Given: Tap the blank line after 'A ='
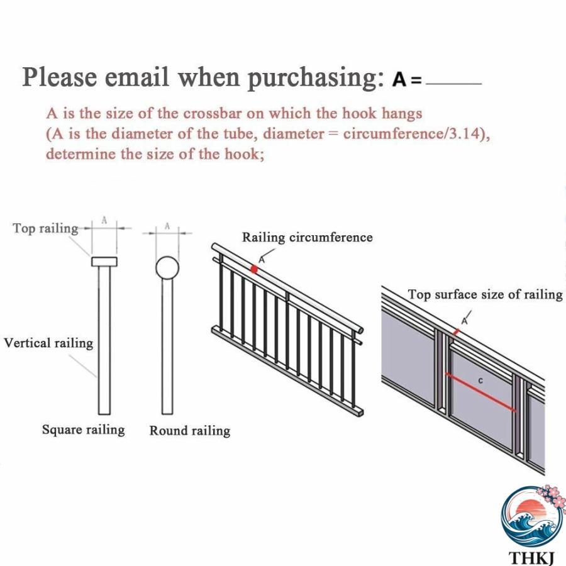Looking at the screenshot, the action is tap(453, 84).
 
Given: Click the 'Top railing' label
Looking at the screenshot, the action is tap(45, 228).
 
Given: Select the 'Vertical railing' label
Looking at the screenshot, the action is tap(48, 343).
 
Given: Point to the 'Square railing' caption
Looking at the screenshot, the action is tap(84, 430).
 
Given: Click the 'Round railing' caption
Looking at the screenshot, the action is tap(190, 431).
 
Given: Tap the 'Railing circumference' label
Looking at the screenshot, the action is tap(307, 237).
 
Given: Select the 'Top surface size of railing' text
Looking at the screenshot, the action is tap(485, 294).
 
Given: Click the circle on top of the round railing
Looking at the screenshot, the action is tap(167, 268).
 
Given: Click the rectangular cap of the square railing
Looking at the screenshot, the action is tap(104, 262).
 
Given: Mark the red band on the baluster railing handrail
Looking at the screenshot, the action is tap(254, 269).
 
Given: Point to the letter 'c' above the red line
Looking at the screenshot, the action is tap(480, 380).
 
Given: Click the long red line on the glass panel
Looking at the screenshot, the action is tap(480, 392).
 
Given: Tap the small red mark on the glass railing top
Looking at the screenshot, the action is tap(457, 331).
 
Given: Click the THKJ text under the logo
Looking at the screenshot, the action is tap(531, 558).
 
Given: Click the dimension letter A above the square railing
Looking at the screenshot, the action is tap(104, 221).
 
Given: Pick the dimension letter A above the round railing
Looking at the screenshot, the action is tap(167, 226).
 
